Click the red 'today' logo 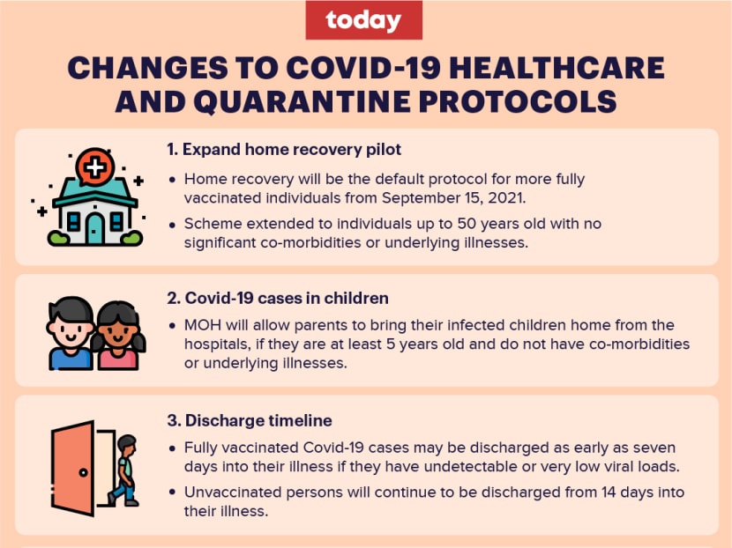click(363, 20)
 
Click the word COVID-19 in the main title click(363, 68)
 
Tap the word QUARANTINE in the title click(302, 101)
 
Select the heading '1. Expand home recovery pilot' click(284, 149)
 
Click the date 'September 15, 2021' click(453, 198)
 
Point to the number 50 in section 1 click(467, 224)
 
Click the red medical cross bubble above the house click(94, 167)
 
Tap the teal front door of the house click(94, 228)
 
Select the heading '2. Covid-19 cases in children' click(278, 298)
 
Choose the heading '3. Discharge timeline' click(250, 420)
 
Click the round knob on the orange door click(83, 472)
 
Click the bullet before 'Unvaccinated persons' click(173, 492)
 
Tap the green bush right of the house click(131, 238)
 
